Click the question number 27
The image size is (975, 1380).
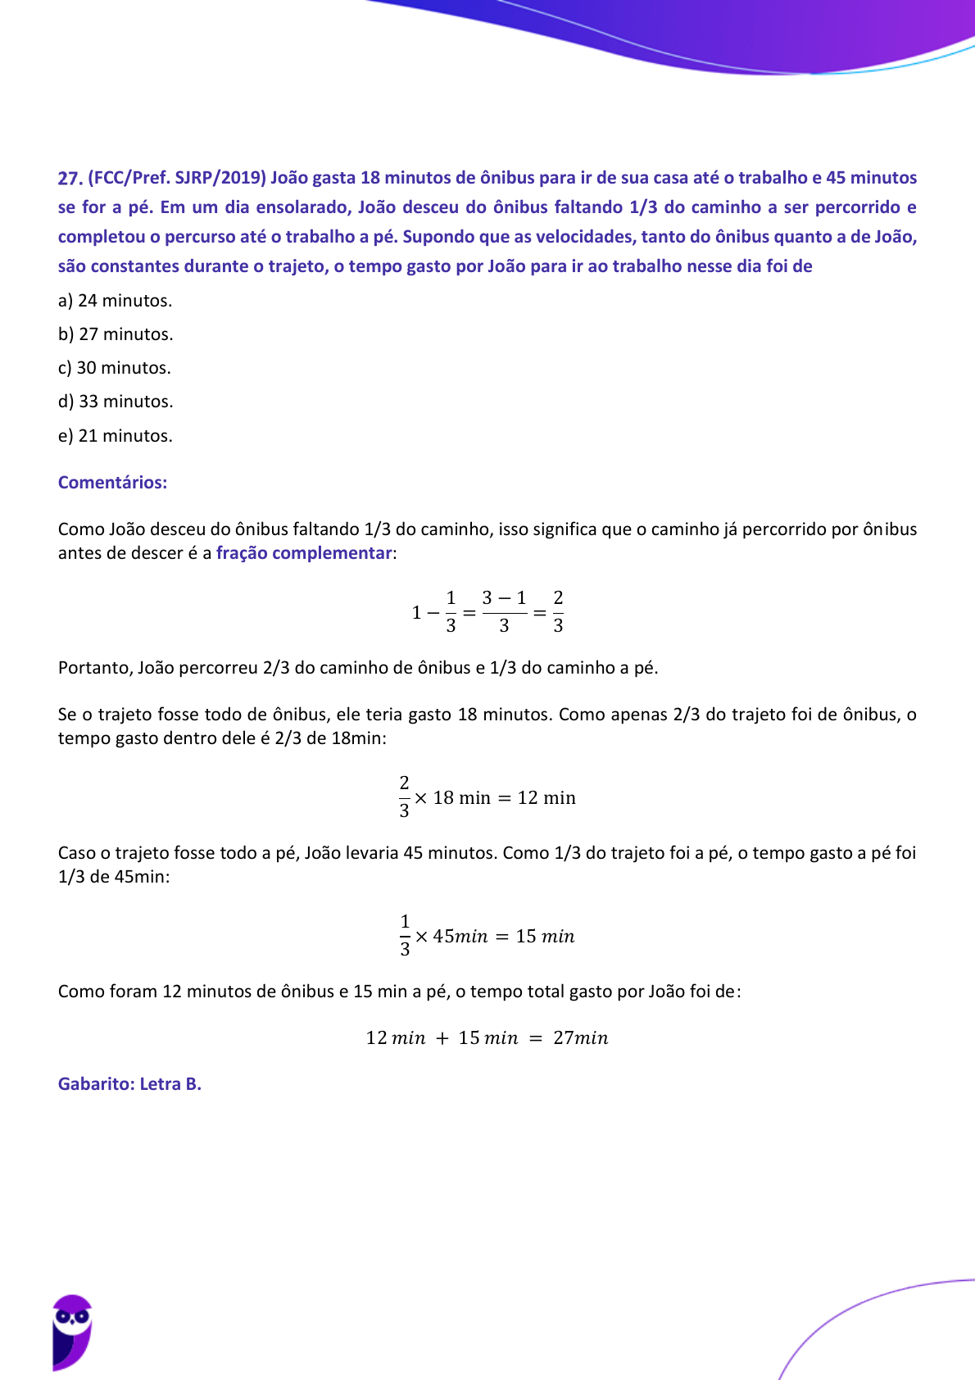pyautogui.click(x=70, y=179)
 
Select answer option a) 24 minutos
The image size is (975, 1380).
pyautogui.click(x=115, y=301)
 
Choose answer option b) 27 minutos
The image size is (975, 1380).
pyautogui.click(x=116, y=334)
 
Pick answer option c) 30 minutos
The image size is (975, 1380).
pyautogui.click(x=115, y=368)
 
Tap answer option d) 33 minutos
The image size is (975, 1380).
pyautogui.click(x=116, y=402)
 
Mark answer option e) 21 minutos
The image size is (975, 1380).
pyautogui.click(x=116, y=436)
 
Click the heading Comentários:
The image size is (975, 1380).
pyautogui.click(x=112, y=482)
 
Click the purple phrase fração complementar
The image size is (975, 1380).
pyautogui.click(x=304, y=553)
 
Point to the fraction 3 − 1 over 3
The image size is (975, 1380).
pyautogui.click(x=504, y=611)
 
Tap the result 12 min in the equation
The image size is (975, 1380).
pyautogui.click(x=546, y=798)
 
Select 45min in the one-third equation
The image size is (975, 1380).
pyautogui.click(x=460, y=936)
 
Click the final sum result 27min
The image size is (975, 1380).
pyautogui.click(x=580, y=1038)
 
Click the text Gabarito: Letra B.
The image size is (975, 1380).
pyautogui.click(x=129, y=1084)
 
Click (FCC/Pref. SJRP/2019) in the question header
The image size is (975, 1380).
pyautogui.click(x=177, y=178)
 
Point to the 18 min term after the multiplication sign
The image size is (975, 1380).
pyautogui.click(x=461, y=798)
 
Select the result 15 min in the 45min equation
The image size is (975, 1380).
pyautogui.click(x=545, y=936)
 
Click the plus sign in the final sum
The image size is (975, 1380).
pyautogui.click(x=442, y=1038)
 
